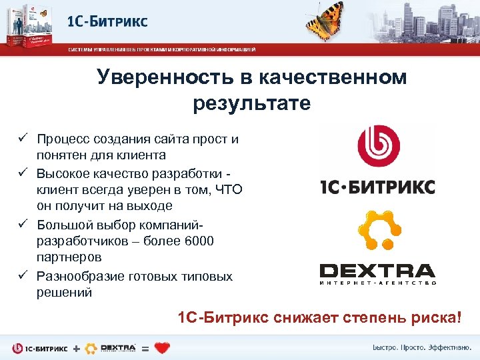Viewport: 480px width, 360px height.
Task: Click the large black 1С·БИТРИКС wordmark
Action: (x=377, y=186)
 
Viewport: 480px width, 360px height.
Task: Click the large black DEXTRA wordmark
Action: (x=377, y=271)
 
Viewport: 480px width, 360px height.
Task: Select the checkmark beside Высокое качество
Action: (x=21, y=173)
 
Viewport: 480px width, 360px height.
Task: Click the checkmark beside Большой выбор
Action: (x=21, y=224)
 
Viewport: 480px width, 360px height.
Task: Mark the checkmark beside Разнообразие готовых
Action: (x=21, y=275)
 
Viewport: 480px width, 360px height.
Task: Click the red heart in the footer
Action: (x=162, y=348)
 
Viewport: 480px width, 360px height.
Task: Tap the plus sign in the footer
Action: (x=75, y=348)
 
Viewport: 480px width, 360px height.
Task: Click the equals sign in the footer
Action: (x=145, y=348)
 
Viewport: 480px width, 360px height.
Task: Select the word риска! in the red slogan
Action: (x=438, y=317)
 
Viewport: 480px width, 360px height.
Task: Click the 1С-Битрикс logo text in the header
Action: (x=107, y=21)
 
